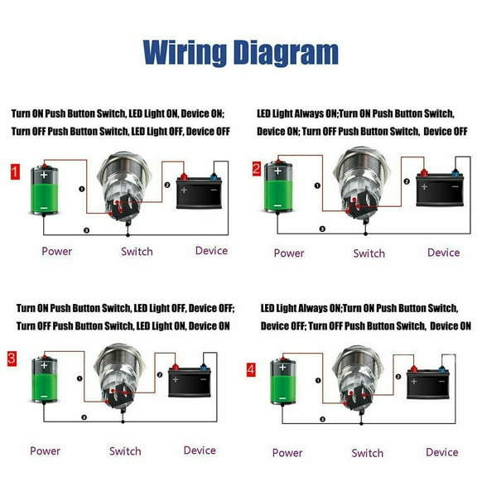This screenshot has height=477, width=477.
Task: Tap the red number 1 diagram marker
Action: (14, 172)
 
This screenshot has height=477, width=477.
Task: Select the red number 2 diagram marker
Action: (256, 169)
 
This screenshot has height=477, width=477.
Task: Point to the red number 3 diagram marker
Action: (12, 359)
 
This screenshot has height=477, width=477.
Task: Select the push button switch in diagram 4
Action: (358, 378)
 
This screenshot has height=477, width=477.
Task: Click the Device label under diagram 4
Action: (441, 451)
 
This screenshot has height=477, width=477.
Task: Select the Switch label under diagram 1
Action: (137, 251)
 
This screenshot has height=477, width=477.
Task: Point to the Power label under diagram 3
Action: (45, 450)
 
